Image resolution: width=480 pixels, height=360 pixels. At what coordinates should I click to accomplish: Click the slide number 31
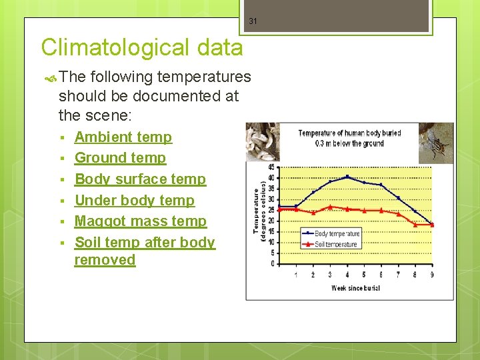(x=253, y=21)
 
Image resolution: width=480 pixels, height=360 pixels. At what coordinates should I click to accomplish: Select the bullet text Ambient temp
(x=123, y=137)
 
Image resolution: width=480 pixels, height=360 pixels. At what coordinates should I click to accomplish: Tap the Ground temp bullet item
(x=120, y=158)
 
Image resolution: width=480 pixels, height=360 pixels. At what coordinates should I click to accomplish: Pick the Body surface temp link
(x=140, y=179)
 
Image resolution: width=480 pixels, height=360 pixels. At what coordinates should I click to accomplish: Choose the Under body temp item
(x=134, y=201)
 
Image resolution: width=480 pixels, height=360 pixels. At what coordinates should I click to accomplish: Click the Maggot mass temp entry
(x=140, y=221)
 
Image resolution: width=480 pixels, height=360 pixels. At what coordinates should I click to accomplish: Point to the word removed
(x=105, y=260)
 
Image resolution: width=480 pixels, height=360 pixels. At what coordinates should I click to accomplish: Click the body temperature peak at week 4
(x=347, y=177)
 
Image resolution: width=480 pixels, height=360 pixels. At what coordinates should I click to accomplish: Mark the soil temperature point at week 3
(x=330, y=207)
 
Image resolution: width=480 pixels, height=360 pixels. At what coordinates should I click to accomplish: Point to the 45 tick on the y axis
(x=271, y=167)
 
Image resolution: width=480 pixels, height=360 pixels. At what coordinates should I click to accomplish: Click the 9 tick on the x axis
(x=432, y=274)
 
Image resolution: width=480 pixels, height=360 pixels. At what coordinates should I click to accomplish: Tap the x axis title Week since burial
(x=355, y=288)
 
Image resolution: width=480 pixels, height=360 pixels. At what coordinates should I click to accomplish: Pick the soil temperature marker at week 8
(x=415, y=224)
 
